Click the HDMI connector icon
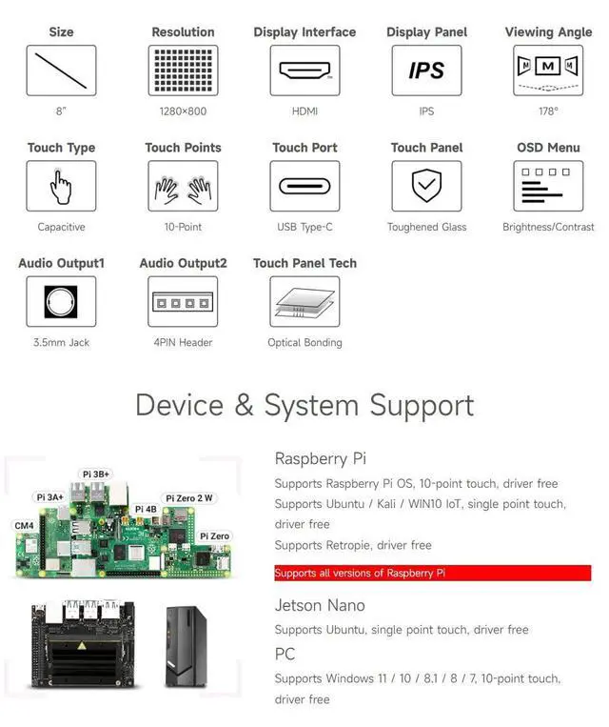tap(304, 71)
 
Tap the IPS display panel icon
tap(426, 71)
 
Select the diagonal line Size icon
tap(61, 71)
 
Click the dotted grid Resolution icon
tap(183, 71)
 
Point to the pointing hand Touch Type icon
tap(61, 186)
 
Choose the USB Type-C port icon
tap(304, 186)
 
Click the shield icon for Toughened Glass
tap(426, 186)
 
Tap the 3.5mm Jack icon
tap(61, 301)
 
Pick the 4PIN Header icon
tap(183, 301)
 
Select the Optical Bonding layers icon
tap(304, 301)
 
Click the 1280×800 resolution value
tap(183, 111)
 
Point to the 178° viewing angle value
tap(548, 111)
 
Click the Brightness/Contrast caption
tap(548, 227)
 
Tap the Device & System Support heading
tap(304, 405)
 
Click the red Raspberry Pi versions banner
tap(432, 573)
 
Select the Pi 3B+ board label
tap(96, 473)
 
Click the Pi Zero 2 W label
tap(189, 497)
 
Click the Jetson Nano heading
tap(320, 605)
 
